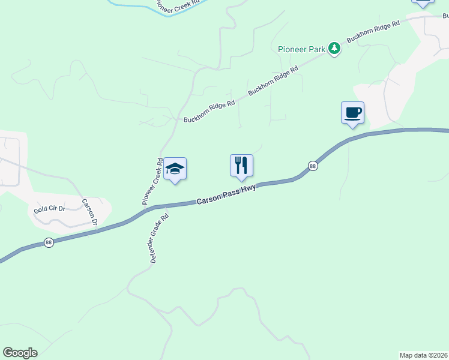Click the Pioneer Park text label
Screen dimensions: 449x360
301,49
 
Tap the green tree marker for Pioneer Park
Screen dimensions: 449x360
335,49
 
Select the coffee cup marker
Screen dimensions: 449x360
352,112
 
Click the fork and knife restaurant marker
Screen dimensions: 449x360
241,166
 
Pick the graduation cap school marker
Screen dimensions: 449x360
175,169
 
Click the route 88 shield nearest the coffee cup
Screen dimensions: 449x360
313,166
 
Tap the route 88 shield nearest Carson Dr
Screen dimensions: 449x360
49,242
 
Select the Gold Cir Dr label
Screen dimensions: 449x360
49,210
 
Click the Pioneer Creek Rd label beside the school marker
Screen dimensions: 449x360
152,182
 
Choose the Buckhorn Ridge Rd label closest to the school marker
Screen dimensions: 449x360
209,111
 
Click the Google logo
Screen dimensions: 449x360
20,353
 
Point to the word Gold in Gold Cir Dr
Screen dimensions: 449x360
40,210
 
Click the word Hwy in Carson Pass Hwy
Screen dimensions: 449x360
250,188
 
